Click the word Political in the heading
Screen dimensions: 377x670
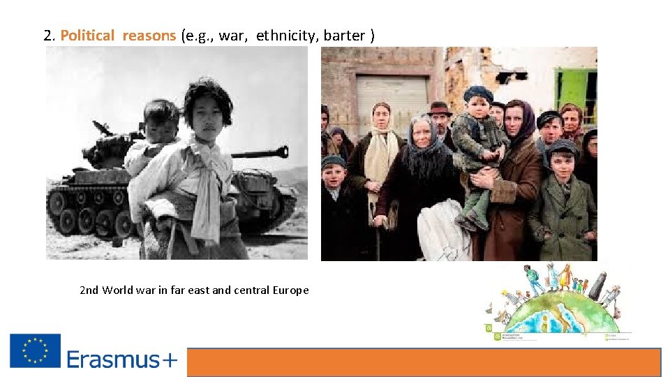tap(87, 36)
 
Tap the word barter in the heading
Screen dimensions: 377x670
tap(344, 36)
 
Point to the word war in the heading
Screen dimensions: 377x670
tap(232, 36)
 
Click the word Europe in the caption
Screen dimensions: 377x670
tap(291, 290)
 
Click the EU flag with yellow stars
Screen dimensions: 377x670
tap(35, 350)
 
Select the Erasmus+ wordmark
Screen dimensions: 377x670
tap(122, 360)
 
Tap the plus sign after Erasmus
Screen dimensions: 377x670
tap(170, 360)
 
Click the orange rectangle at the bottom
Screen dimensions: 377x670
tap(424, 362)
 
